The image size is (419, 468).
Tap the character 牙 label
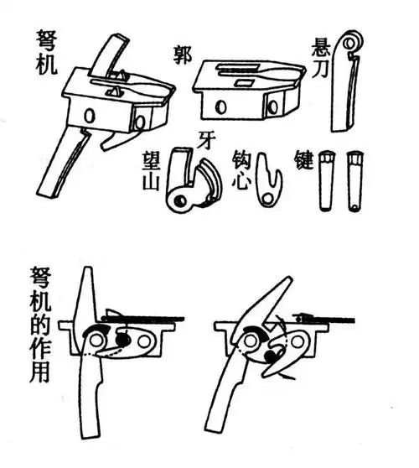pos(204,138)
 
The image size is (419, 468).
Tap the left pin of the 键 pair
pos(326,180)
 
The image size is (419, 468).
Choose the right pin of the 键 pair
pos(355,180)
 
